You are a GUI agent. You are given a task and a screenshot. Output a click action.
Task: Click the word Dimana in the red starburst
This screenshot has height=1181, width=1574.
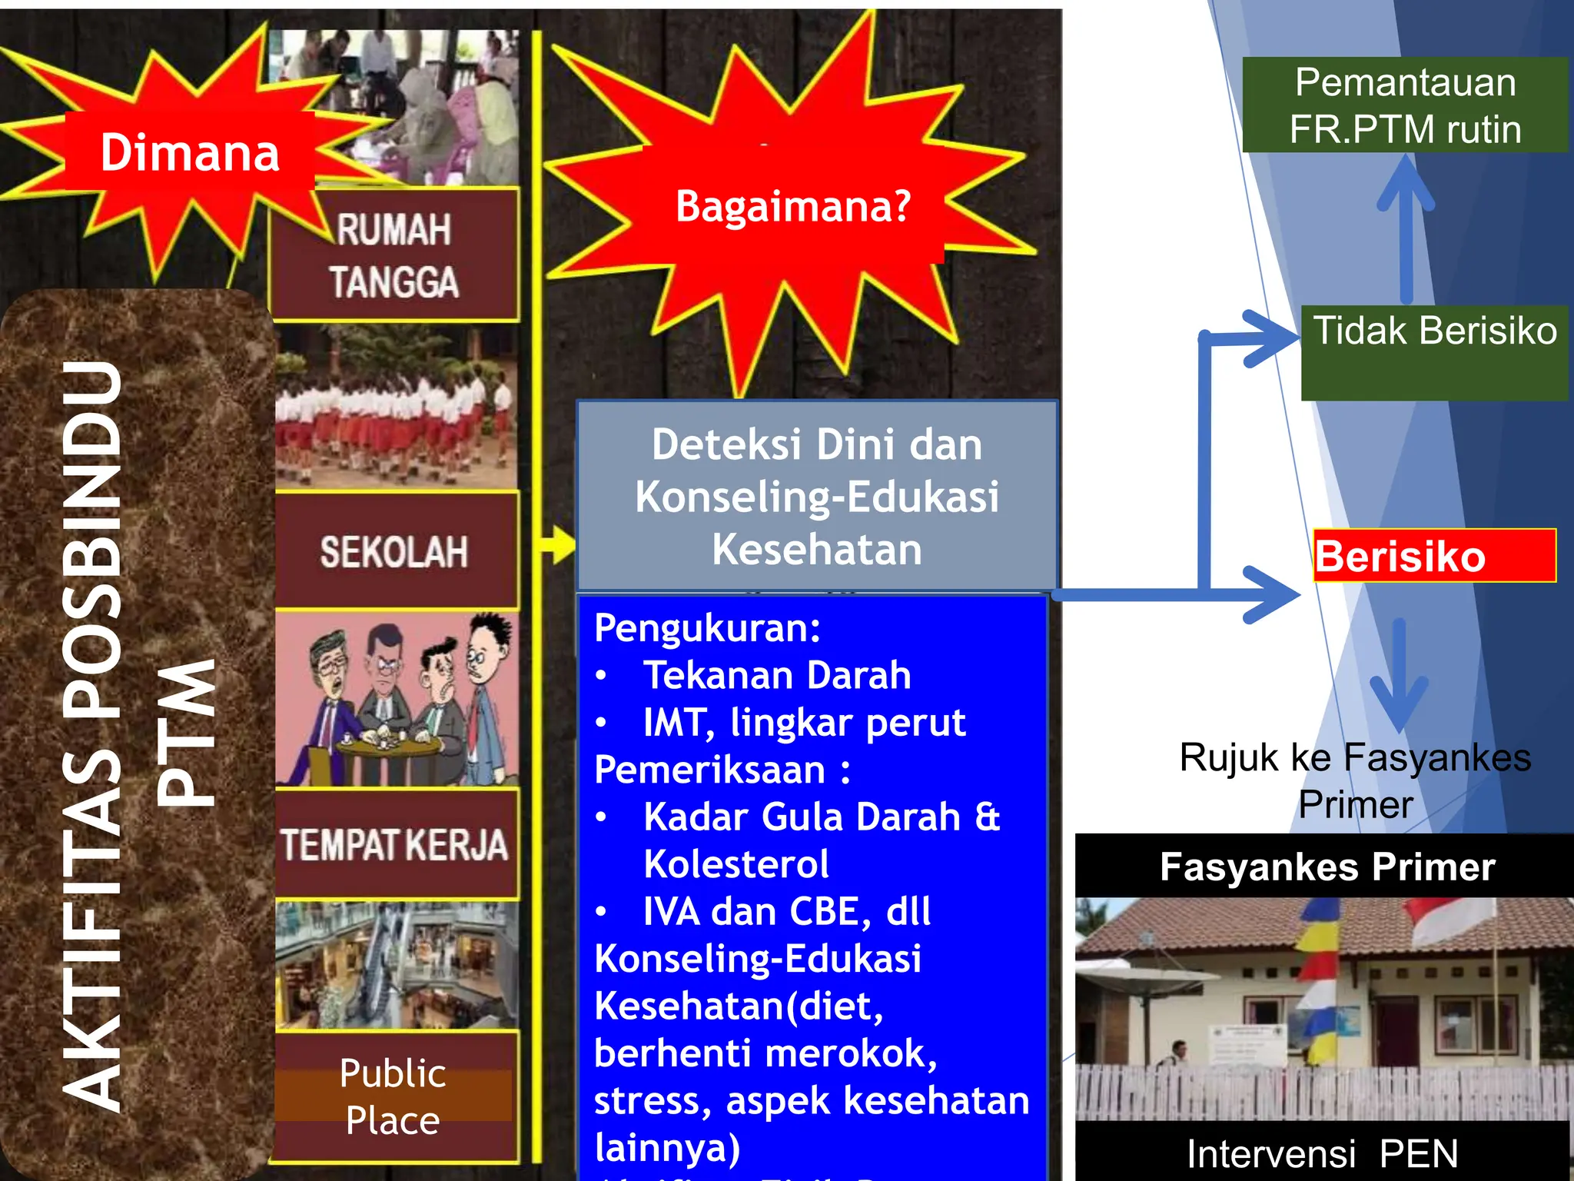click(x=190, y=152)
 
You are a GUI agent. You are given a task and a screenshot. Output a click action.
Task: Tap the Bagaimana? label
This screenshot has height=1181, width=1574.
click(x=793, y=206)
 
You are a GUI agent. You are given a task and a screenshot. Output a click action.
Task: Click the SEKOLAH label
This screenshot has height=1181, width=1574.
click(x=394, y=551)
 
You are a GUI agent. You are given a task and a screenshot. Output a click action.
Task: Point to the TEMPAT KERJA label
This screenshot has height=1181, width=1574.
click(x=394, y=844)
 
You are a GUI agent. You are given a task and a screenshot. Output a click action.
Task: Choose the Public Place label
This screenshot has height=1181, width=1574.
click(x=393, y=1096)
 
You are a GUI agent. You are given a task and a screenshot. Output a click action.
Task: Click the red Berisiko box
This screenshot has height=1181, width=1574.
click(x=1434, y=556)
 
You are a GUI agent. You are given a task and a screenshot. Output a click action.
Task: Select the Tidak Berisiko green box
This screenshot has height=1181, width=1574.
click(x=1434, y=351)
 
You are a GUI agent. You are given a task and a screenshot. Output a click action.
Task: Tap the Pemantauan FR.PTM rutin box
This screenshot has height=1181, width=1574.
click(x=1405, y=105)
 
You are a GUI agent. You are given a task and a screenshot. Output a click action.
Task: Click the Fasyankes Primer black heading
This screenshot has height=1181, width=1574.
click(x=1327, y=867)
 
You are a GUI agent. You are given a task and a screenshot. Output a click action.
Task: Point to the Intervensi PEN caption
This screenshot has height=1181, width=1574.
click(x=1322, y=1153)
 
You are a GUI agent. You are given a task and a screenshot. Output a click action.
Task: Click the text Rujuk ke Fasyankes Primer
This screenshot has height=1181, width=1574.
click(x=1355, y=780)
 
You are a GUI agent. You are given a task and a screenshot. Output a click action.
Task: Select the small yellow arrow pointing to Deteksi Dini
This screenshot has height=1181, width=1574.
click(x=558, y=545)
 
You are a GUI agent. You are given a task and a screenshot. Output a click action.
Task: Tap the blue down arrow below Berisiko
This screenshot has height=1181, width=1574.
click(x=1399, y=677)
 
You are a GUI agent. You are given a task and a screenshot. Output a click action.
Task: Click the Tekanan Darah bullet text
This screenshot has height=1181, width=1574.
click(x=776, y=675)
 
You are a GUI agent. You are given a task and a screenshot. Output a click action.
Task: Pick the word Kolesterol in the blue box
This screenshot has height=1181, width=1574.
click(x=736, y=863)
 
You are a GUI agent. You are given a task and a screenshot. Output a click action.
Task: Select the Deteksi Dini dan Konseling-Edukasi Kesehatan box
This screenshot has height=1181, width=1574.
click(x=816, y=496)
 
